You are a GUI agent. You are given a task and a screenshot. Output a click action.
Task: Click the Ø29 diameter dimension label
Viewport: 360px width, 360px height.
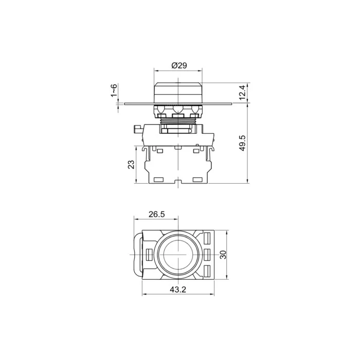pyautogui.click(x=179, y=66)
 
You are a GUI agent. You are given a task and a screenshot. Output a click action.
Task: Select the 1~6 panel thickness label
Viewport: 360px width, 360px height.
pyautogui.click(x=114, y=90)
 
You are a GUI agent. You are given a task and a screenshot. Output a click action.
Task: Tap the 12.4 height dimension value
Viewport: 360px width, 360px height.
pyautogui.click(x=243, y=92)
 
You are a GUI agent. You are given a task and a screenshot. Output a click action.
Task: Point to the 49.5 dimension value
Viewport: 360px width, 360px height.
pyautogui.click(x=243, y=143)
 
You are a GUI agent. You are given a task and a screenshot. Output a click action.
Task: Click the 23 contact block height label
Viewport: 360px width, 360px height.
pyautogui.click(x=131, y=165)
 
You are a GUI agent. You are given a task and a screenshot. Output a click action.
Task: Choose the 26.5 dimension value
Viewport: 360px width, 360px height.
pyautogui.click(x=156, y=214)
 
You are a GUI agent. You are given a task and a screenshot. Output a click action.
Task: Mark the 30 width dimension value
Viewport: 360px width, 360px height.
pyautogui.click(x=223, y=255)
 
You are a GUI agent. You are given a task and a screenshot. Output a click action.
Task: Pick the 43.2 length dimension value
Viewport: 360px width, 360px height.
pyautogui.click(x=178, y=290)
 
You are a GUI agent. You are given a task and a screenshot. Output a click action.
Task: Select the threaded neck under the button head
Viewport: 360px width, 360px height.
pyautogui.click(x=178, y=121)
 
